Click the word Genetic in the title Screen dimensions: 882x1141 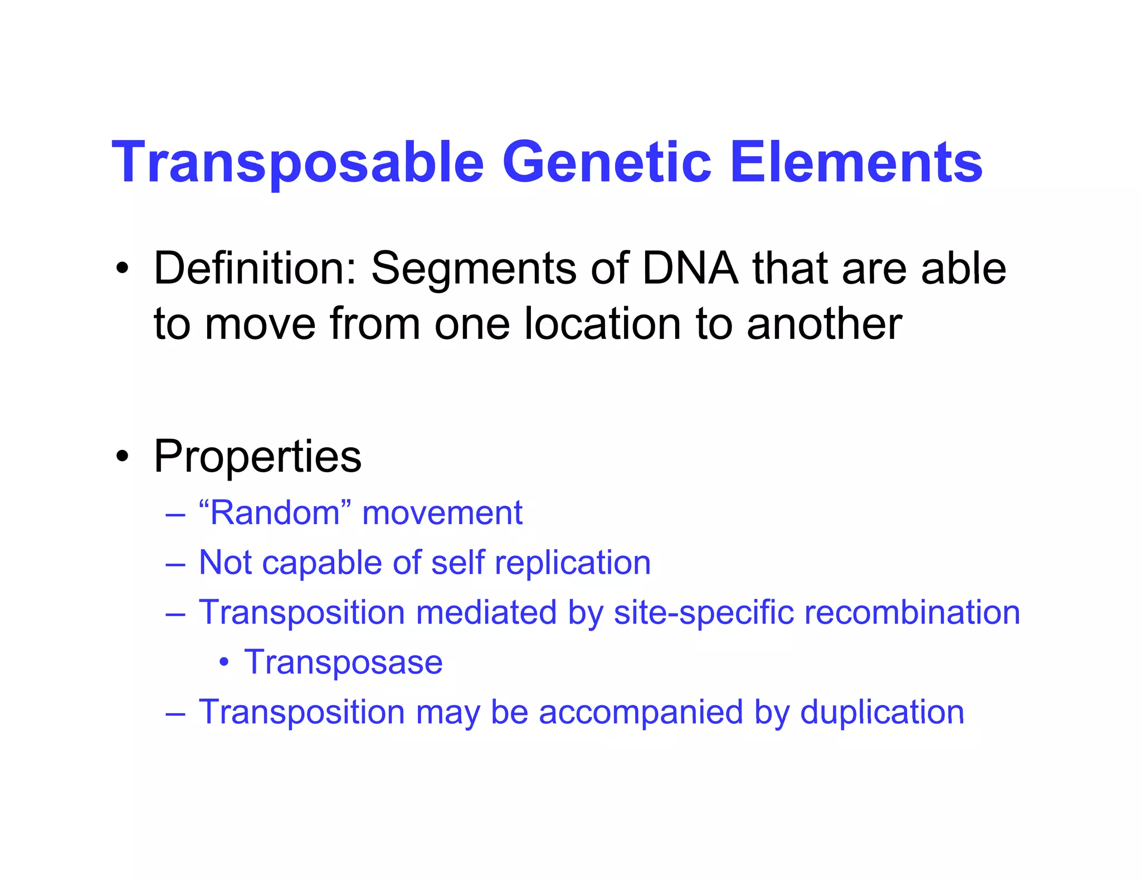607,163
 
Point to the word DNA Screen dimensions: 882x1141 690,269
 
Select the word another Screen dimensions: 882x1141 824,324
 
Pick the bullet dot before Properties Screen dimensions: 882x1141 122,457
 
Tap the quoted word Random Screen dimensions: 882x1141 275,512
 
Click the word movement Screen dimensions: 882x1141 442,513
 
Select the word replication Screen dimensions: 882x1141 573,563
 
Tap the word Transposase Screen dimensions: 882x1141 343,663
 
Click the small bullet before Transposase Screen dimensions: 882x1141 223,662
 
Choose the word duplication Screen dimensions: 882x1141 882,712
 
